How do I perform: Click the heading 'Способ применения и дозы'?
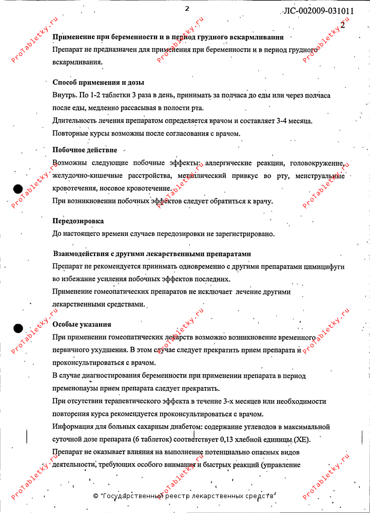[x=98, y=82]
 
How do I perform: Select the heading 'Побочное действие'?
[x=85, y=150]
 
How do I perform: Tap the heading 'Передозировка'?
[x=78, y=221]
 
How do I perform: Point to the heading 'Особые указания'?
[x=82, y=325]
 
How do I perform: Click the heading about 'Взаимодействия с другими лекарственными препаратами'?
[x=152, y=254]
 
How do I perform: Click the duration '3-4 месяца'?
[x=296, y=121]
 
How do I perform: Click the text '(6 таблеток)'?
[x=154, y=440]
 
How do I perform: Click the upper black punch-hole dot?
[x=18, y=188]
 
